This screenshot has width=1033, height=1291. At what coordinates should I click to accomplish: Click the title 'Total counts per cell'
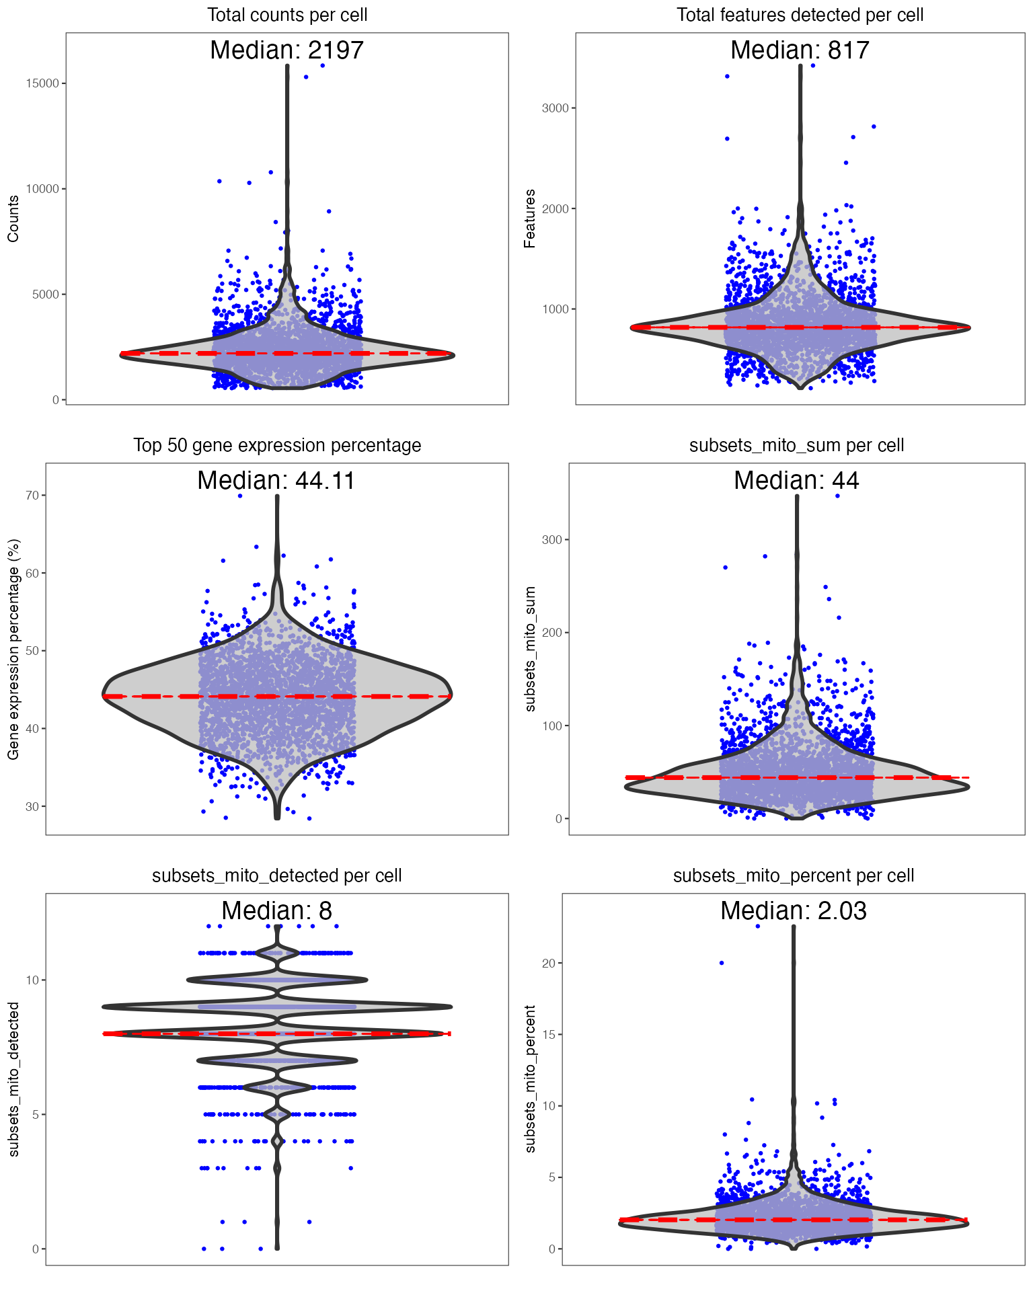(287, 15)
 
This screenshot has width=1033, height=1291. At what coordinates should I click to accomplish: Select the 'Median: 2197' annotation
(287, 50)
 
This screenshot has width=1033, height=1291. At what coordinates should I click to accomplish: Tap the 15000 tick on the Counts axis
(42, 83)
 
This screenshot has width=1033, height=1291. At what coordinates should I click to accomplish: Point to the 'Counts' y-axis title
(13, 219)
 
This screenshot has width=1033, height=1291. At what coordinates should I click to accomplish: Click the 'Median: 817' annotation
(800, 50)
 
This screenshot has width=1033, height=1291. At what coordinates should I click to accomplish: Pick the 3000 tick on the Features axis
(555, 108)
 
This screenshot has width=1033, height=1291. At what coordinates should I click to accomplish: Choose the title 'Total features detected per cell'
(800, 15)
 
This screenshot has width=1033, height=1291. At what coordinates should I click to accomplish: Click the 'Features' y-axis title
(530, 219)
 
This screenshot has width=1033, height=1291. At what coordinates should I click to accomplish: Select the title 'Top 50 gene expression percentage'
(277, 445)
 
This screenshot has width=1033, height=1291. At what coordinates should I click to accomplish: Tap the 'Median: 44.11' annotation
(276, 481)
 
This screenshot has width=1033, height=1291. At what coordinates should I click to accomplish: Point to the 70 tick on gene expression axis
(32, 496)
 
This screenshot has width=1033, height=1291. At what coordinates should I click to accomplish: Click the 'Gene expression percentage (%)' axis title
(13, 649)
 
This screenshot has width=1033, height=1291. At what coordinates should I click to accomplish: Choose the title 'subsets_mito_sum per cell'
(796, 445)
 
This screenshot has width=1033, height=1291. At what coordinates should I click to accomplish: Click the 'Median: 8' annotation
(276, 911)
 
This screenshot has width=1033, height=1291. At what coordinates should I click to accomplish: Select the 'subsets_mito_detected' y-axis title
(13, 1079)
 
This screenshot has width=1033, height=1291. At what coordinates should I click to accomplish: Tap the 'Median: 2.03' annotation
(794, 911)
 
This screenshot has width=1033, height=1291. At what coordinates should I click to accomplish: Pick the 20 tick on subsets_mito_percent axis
(549, 964)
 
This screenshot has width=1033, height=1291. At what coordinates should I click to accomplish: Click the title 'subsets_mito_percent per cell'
(794, 875)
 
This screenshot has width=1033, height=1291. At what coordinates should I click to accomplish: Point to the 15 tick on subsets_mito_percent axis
(549, 1035)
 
